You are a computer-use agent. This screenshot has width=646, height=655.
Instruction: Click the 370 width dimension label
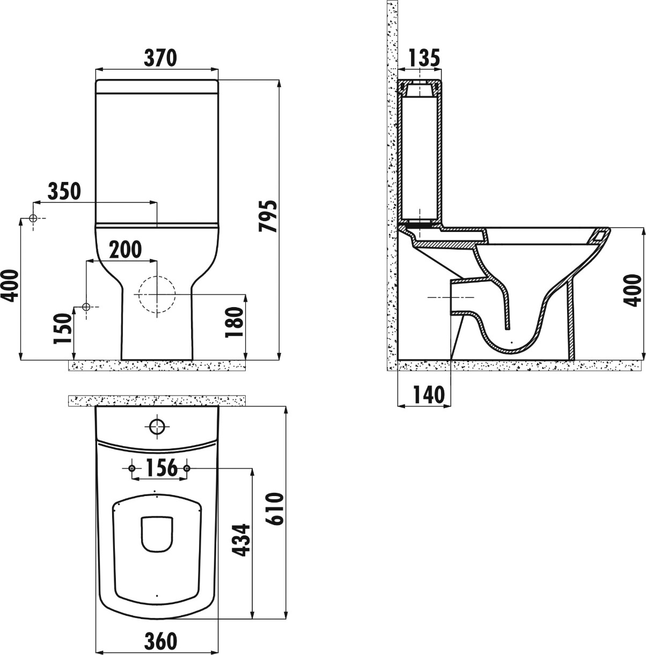pos(160,58)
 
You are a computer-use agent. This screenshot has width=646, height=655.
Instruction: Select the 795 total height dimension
pos(268,216)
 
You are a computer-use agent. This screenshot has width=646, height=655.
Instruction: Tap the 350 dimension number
pos(64,191)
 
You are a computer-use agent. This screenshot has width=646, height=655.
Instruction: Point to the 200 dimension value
pos(125,250)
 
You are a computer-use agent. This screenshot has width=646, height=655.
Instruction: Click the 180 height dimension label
pos(235,322)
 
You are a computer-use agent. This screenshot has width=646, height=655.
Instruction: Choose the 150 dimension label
pos(63,329)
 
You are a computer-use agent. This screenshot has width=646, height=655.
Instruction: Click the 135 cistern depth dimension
pos(424,58)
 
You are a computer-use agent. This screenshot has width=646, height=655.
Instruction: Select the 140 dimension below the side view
pos(429,395)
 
